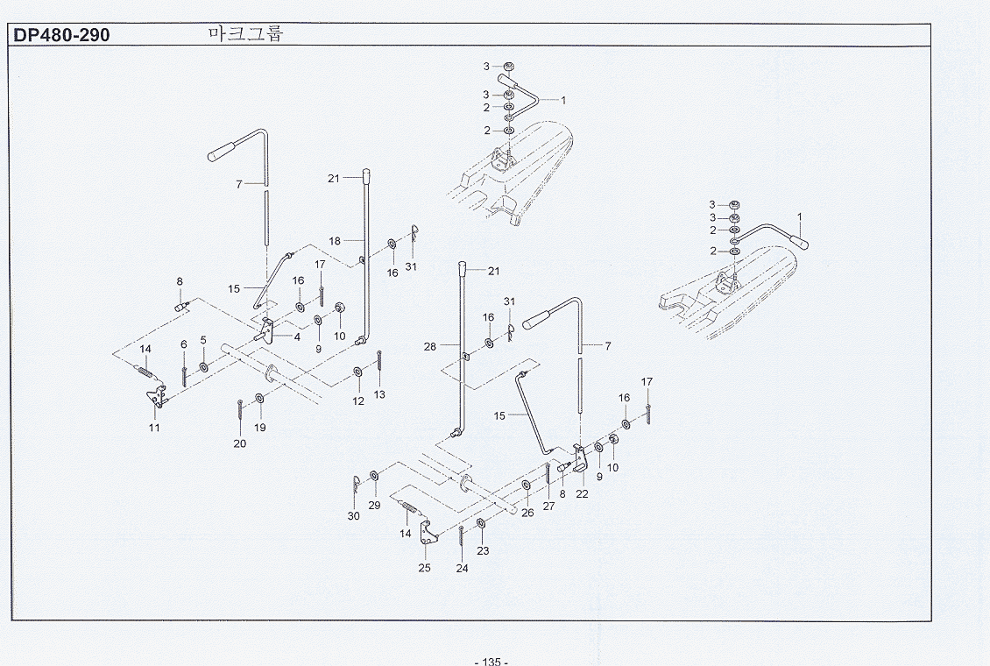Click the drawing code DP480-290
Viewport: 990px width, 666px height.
pyautogui.click(x=61, y=35)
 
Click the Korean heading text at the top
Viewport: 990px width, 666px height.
pyautogui.click(x=245, y=32)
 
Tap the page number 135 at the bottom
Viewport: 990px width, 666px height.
pyautogui.click(x=491, y=661)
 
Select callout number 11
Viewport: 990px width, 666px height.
pyautogui.click(x=154, y=428)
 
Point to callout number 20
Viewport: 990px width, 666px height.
pyautogui.click(x=240, y=443)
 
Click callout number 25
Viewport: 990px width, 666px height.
pyautogui.click(x=424, y=568)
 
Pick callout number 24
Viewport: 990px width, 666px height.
pyautogui.click(x=463, y=568)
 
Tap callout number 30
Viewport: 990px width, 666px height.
pyautogui.click(x=354, y=516)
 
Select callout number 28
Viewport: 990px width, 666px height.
pyautogui.click(x=430, y=346)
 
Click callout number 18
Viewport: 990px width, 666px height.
pyautogui.click(x=335, y=241)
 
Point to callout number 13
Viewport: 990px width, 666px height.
pyautogui.click(x=379, y=394)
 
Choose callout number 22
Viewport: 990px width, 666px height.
pyautogui.click(x=582, y=493)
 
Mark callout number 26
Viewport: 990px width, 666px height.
pyautogui.click(x=527, y=513)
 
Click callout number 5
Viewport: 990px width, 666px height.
pyautogui.click(x=203, y=340)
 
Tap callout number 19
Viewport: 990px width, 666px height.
pyautogui.click(x=259, y=428)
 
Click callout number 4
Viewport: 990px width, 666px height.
pyautogui.click(x=297, y=337)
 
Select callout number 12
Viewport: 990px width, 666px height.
pyautogui.click(x=358, y=400)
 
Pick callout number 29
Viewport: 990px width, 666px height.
pyautogui.click(x=374, y=505)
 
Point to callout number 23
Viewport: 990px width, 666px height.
pyautogui.click(x=483, y=550)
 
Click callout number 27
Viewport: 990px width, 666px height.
pyautogui.click(x=548, y=506)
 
